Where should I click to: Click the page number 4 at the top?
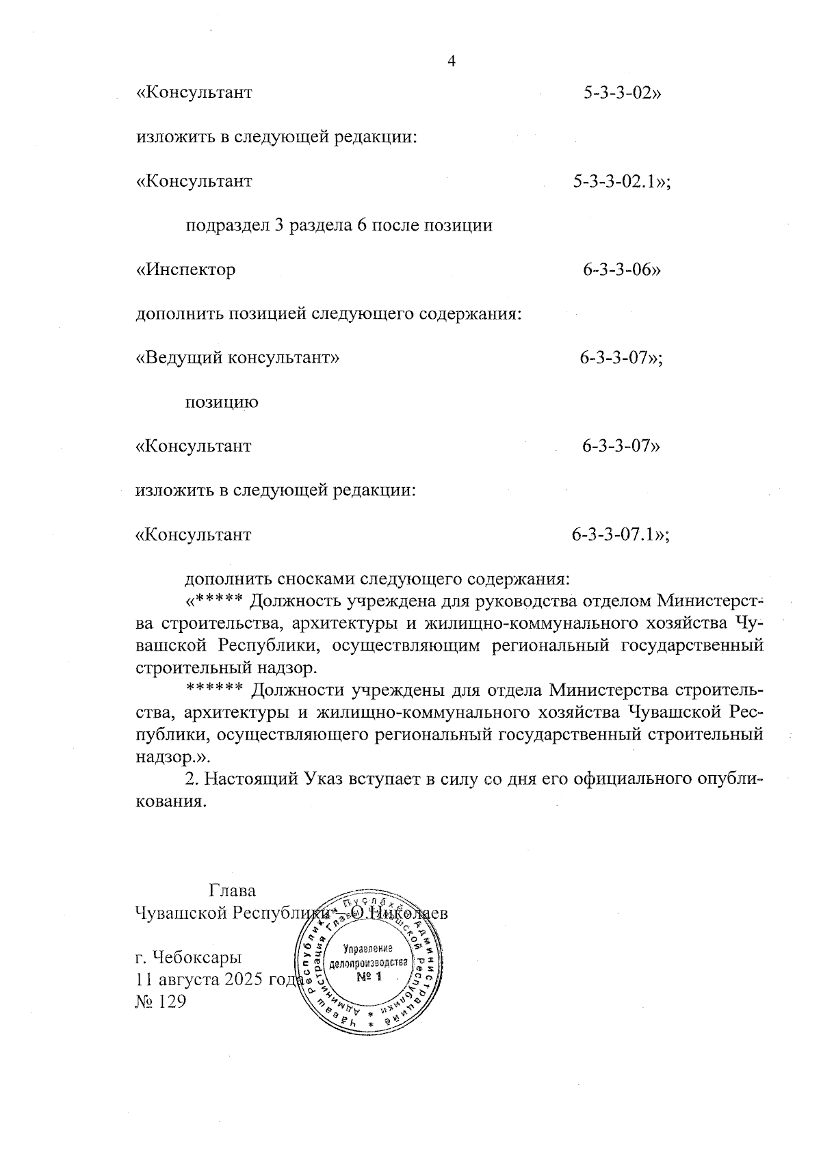(x=451, y=62)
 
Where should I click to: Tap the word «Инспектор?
(x=186, y=270)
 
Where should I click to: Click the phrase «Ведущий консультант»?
(x=238, y=358)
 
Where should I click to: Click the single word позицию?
(x=222, y=402)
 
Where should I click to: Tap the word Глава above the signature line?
(x=233, y=891)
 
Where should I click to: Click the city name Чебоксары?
(x=197, y=956)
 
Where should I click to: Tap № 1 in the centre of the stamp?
(x=369, y=977)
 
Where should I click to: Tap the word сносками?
(x=315, y=579)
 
